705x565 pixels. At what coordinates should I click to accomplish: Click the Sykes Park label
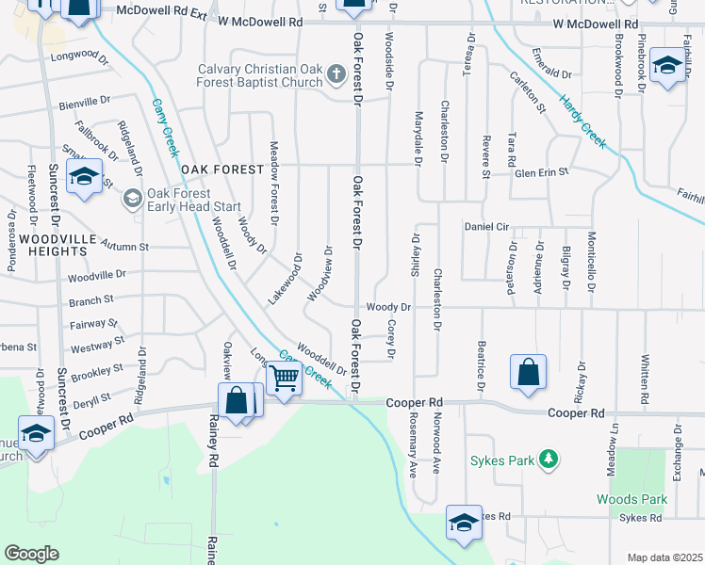click(502, 461)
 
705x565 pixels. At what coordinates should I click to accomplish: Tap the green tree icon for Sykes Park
click(546, 460)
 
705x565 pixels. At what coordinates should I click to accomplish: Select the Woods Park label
click(631, 499)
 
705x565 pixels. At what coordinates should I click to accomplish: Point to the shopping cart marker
click(283, 379)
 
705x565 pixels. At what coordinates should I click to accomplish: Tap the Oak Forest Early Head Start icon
click(133, 198)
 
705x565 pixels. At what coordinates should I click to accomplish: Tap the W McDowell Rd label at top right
click(595, 23)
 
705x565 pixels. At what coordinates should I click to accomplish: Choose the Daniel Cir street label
click(486, 227)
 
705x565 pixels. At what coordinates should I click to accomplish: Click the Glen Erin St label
click(541, 172)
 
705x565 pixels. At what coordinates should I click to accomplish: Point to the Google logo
click(32, 554)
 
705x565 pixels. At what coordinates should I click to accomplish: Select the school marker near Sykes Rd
click(464, 524)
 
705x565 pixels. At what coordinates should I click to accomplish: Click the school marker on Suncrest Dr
click(84, 177)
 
